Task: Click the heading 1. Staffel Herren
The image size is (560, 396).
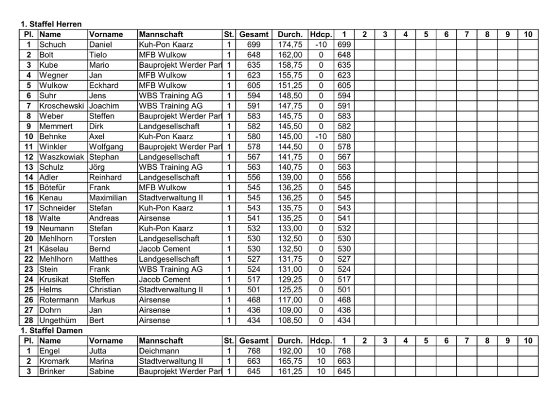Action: click(x=51, y=24)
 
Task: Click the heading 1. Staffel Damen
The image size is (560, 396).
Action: click(x=51, y=331)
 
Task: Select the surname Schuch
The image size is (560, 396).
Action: click(x=53, y=45)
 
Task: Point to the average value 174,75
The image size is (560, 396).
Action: click(x=290, y=45)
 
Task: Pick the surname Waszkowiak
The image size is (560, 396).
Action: click(x=63, y=157)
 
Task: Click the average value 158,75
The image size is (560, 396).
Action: click(x=290, y=65)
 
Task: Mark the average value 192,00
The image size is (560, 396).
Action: click(x=290, y=351)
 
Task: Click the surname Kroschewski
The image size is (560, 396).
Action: click(x=63, y=105)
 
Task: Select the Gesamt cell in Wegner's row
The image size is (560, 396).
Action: click(x=253, y=75)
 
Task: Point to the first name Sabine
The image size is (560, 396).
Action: click(x=102, y=371)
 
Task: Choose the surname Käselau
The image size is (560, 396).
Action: click(x=55, y=249)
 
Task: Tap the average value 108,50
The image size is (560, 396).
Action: click(x=290, y=320)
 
